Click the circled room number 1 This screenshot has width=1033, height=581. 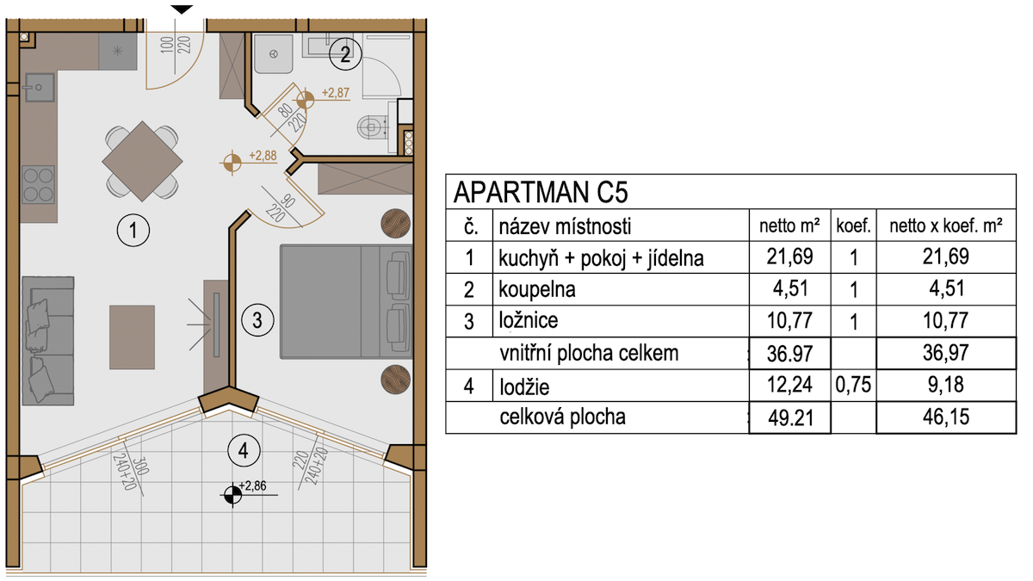coord(133,230)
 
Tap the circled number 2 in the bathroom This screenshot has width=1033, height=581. coord(345,54)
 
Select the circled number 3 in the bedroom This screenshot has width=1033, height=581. coord(257,320)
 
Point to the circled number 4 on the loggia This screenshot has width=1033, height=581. coord(244,450)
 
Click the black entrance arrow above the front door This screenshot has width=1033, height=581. coord(182,9)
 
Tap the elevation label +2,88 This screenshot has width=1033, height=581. coord(263,156)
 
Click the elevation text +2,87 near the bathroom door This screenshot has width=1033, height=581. coord(336,93)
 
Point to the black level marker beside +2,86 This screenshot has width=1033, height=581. coord(232,495)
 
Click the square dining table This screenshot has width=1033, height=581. coord(143,162)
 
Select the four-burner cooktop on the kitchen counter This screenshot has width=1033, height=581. coord(38,184)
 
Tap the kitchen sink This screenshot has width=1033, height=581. coord(39,87)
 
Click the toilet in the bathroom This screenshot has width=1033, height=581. coord(373,127)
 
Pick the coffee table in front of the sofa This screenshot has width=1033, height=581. coord(132,337)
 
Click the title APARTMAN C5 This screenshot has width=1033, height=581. coord(541,192)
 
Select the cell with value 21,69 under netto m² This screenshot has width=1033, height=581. coord(790,257)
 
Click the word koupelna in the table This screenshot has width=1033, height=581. coord(537,289)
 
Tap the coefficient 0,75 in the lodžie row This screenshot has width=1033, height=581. coord(853,385)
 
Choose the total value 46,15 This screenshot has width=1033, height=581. coord(946,417)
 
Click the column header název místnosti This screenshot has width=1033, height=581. coord(565,226)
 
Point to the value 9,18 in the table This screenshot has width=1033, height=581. coord(946,385)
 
